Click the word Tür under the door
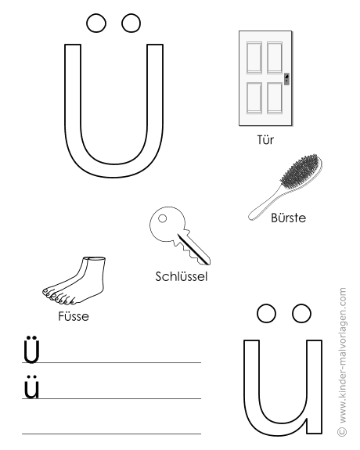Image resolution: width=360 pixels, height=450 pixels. [x=265, y=140]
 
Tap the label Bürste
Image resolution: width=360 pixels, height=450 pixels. [x=288, y=218]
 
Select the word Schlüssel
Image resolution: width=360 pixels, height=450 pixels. [x=181, y=276]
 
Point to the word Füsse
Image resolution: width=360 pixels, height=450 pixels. [x=74, y=316]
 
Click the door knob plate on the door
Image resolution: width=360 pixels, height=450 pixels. [x=286, y=78]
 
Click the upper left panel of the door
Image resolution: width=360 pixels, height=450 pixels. [x=254, y=58]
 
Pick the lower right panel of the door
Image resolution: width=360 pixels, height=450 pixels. [x=275, y=98]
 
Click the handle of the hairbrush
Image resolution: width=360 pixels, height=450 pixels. [x=264, y=204]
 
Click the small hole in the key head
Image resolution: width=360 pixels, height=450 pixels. [x=163, y=218]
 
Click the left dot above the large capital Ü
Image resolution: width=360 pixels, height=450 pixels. [x=96, y=23]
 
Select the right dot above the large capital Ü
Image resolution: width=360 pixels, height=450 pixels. [x=131, y=23]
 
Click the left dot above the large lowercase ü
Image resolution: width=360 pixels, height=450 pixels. [x=266, y=313]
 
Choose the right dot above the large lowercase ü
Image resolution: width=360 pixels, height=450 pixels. [x=301, y=313]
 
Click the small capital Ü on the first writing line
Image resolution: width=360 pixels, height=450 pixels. [x=31, y=349]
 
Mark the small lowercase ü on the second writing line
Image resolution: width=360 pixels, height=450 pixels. [x=31, y=387]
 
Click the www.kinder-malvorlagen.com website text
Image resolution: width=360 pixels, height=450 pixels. [x=343, y=355]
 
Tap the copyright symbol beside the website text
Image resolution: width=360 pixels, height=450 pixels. [x=342, y=431]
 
